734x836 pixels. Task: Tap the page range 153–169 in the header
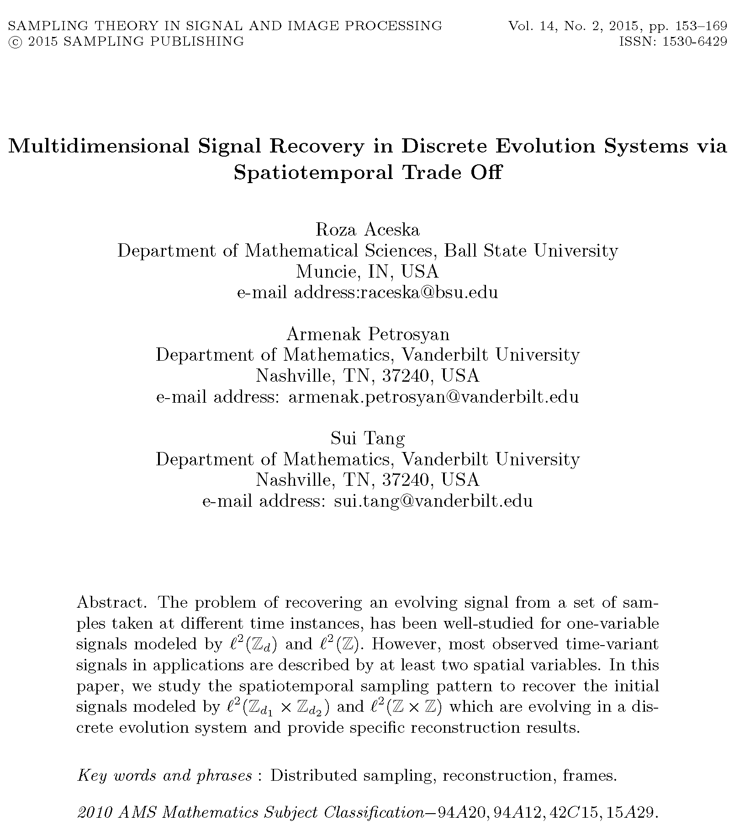701,26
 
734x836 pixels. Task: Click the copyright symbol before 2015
14,42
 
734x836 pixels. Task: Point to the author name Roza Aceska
367,230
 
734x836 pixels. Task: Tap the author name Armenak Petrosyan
368,334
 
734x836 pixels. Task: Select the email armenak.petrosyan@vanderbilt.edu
433,397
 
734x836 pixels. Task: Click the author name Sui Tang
368,438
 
